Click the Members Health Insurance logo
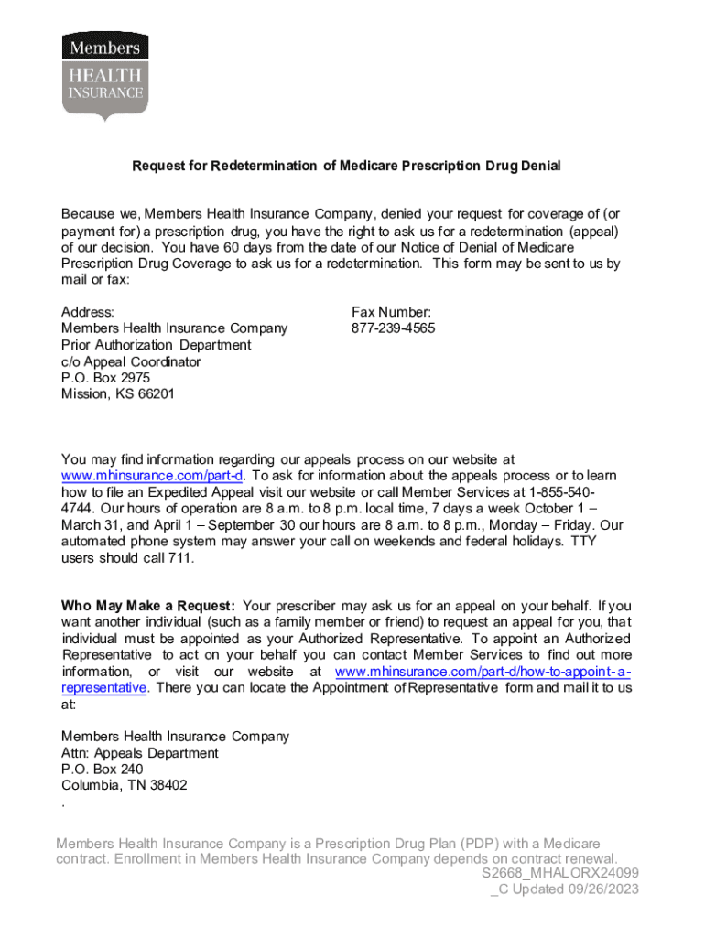click(105, 77)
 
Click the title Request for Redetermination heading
click(346, 166)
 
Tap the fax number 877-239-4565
click(393, 328)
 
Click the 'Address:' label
click(88, 312)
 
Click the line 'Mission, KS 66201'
click(117, 394)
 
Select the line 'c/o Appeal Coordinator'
click(131, 361)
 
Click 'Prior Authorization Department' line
click(156, 345)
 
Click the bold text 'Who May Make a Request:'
click(148, 606)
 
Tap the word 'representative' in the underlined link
click(103, 688)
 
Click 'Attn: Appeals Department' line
click(139, 753)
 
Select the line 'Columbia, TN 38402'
click(124, 786)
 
